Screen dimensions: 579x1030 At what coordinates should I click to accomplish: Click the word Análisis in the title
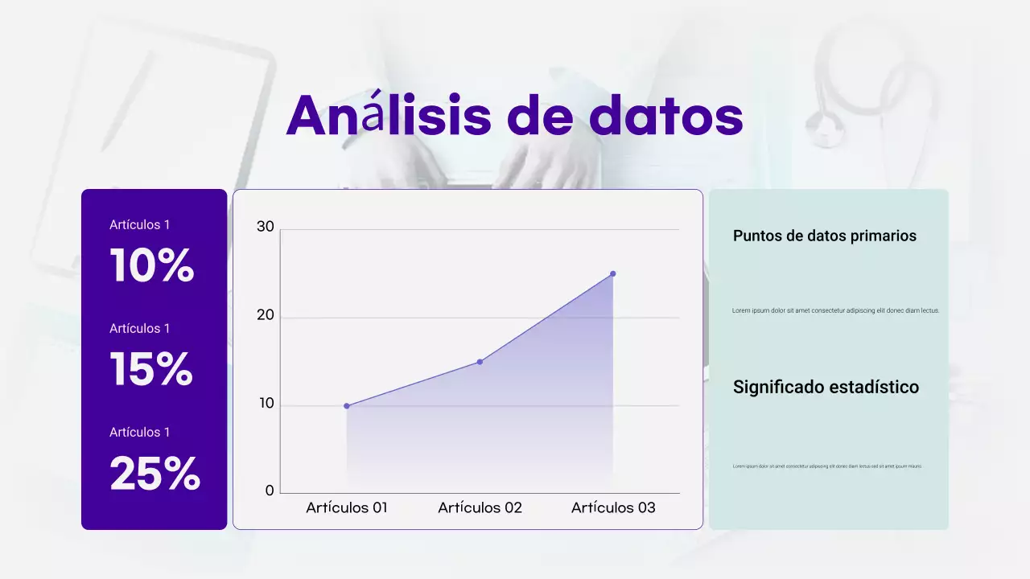tap(389, 116)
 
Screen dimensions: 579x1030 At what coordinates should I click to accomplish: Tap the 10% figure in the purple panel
tap(152, 265)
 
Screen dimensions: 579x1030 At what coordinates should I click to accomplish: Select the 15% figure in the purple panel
tap(151, 369)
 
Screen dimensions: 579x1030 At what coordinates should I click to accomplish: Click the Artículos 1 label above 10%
tap(140, 225)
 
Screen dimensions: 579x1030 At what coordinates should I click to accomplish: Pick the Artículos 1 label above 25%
tap(140, 433)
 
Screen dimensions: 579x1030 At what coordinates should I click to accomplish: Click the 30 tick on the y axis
tap(266, 227)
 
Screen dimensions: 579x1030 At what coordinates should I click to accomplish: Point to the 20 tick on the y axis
tap(266, 315)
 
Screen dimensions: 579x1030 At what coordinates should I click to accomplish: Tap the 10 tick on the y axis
tap(266, 404)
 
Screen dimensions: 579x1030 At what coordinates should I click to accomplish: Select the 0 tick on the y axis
tap(270, 491)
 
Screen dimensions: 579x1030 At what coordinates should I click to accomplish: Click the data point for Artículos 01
tap(347, 406)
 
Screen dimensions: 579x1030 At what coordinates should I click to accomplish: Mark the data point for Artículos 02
tap(480, 362)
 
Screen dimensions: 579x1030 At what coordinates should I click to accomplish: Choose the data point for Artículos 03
tap(612, 273)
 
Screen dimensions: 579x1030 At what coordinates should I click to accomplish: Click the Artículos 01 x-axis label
tap(347, 508)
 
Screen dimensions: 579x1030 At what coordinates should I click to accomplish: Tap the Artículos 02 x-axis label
tap(480, 508)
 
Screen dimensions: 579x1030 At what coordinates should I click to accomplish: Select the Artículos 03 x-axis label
tap(613, 508)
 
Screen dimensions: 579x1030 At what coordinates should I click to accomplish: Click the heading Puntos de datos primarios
tap(825, 236)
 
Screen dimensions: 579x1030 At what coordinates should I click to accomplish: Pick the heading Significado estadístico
tap(826, 388)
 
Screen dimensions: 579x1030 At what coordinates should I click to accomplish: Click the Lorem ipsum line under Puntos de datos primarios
tap(835, 310)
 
